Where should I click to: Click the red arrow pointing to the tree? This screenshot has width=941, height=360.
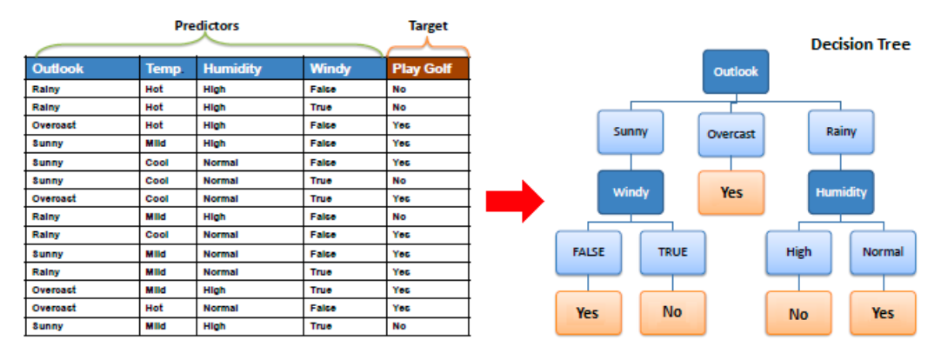(515, 201)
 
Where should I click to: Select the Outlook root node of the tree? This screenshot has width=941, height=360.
(735, 71)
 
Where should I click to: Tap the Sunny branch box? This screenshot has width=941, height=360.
(631, 132)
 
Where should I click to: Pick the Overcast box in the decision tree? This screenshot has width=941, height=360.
(731, 134)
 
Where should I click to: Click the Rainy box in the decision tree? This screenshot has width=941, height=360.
(841, 132)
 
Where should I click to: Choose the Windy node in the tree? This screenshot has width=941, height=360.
(631, 192)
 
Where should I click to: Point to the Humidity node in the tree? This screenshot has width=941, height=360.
(841, 192)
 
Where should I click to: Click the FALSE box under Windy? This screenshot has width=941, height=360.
(588, 252)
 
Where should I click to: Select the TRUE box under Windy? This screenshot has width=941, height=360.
(673, 252)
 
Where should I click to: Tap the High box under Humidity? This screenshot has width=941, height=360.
(798, 252)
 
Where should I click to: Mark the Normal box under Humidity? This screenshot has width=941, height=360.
(883, 252)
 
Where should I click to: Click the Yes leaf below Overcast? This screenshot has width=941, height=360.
(731, 192)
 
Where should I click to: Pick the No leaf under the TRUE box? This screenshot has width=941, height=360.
(673, 312)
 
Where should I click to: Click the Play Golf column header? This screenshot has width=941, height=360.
(427, 69)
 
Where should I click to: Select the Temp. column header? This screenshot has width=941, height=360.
(168, 69)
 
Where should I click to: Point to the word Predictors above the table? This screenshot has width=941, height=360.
(206, 26)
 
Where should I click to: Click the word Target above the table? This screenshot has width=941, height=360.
(428, 26)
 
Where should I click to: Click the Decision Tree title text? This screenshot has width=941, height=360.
(861, 43)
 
